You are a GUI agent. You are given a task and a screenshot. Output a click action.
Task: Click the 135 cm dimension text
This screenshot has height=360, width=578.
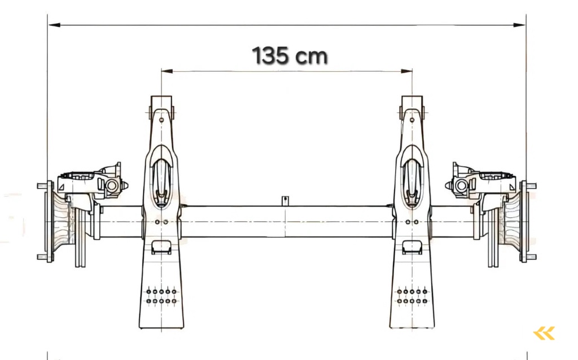click(289, 56)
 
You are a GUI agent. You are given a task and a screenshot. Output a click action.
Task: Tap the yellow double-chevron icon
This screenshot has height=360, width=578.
click(544, 333)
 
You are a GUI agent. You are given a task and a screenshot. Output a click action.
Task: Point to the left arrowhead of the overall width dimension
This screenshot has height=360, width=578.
click(52, 25)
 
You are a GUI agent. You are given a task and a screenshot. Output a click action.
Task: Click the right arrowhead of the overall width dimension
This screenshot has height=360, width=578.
click(522, 25)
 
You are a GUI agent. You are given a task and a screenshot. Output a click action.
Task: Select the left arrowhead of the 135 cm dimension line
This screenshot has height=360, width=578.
click(165, 71)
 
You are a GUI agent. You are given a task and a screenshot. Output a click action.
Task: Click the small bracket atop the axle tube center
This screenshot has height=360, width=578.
click(286, 200)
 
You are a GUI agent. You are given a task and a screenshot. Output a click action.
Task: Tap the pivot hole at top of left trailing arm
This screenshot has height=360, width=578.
click(161, 118)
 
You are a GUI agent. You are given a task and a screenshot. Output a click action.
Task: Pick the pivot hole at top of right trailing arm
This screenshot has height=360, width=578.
click(413, 118)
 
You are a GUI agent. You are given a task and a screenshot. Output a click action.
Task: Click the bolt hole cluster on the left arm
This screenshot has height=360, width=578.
click(161, 296)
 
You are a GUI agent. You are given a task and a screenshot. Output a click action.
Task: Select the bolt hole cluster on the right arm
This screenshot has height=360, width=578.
click(413, 296)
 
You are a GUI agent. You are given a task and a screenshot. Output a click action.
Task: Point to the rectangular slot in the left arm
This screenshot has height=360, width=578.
click(161, 246)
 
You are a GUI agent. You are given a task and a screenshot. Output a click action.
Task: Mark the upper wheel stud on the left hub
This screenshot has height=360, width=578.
click(43, 186)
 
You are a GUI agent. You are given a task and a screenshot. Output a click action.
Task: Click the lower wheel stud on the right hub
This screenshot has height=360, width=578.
click(531, 257)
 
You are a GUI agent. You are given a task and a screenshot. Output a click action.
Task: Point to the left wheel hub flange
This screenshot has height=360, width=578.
click(50, 221)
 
